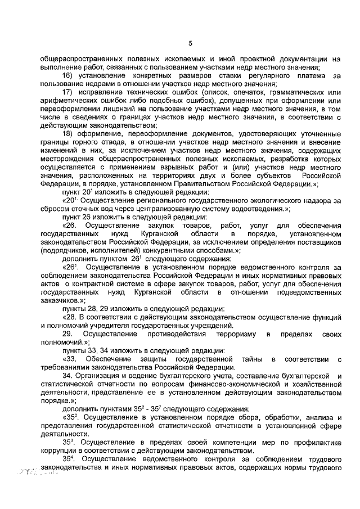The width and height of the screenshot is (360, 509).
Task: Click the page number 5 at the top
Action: (x=190, y=44)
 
